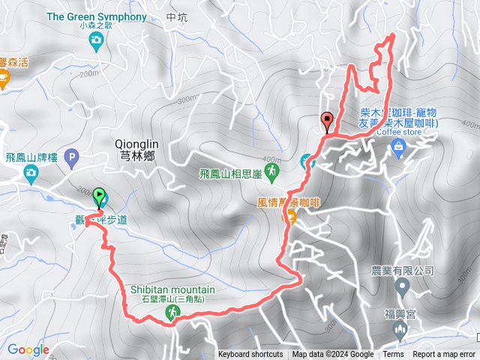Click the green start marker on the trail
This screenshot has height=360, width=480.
[x=100, y=198]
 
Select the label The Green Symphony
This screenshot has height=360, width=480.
[x=97, y=16]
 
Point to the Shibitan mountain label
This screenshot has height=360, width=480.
[x=172, y=289]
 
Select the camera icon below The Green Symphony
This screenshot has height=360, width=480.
[x=96, y=43]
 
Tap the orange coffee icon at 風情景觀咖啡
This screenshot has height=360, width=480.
[x=289, y=217]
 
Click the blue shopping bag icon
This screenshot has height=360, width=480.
[x=398, y=151]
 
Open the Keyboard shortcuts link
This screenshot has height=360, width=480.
[x=250, y=355]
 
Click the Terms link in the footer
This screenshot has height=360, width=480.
[x=393, y=355]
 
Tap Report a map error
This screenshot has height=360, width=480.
[x=444, y=355]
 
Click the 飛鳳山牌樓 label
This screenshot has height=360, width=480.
[x=31, y=158]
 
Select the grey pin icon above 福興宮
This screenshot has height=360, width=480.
[x=402, y=286]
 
